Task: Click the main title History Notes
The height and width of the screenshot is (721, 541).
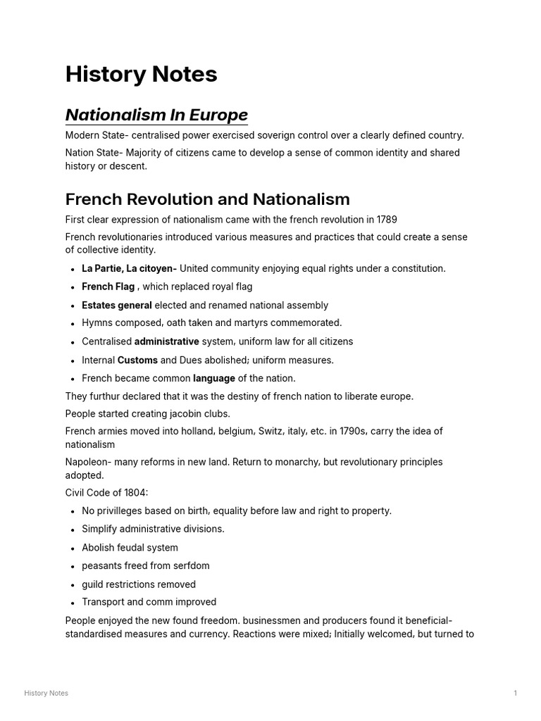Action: (x=141, y=75)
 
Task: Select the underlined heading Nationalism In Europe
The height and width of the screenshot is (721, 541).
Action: (x=156, y=115)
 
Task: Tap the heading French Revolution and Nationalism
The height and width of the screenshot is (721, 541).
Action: (x=207, y=199)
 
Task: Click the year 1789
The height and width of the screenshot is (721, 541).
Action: (x=385, y=220)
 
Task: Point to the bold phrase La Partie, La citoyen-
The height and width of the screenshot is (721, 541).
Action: (x=129, y=268)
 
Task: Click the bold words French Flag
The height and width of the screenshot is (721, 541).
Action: (x=108, y=287)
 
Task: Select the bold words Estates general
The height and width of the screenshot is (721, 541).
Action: (x=116, y=306)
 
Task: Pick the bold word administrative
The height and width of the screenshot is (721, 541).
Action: (x=166, y=341)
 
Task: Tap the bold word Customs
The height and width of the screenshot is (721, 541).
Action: (x=137, y=360)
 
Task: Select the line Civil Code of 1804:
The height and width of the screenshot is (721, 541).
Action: (x=106, y=493)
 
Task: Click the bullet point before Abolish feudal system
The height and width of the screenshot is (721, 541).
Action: (x=73, y=548)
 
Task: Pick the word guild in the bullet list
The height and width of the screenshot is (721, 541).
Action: (x=92, y=584)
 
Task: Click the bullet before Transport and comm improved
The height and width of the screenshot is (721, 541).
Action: (x=73, y=603)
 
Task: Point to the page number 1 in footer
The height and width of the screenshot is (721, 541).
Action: (x=515, y=694)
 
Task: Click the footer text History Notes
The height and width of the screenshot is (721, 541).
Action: (x=46, y=694)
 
